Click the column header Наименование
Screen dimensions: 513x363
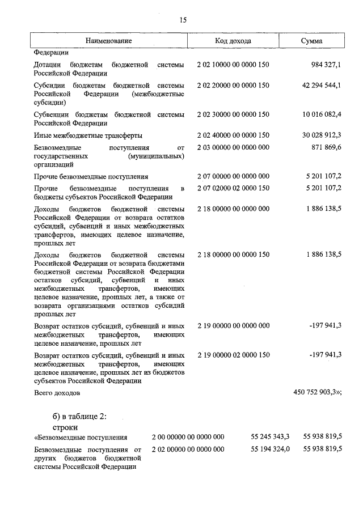click(109, 41)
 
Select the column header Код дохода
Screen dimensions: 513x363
click(233, 41)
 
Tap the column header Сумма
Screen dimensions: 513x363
click(313, 41)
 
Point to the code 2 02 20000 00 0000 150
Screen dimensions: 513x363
click(233, 85)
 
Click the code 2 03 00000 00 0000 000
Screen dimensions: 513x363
click(233, 147)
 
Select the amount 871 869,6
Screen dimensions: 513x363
click(323, 147)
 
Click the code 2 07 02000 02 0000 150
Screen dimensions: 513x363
click(233, 188)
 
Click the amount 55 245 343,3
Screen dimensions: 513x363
click(270, 436)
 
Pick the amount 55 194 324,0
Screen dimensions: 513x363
click(270, 449)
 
